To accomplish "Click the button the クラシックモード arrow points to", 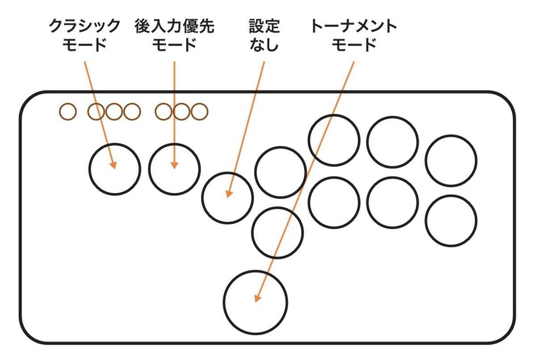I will pyautogui.click(x=115, y=169).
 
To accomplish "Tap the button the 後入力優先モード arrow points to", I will pyautogui.click(x=175, y=169).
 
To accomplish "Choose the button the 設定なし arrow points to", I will pyautogui.click(x=227, y=197).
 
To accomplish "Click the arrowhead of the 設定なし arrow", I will pyautogui.click(x=228, y=194).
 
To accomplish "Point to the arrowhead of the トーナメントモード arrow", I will pyautogui.click(x=257, y=298).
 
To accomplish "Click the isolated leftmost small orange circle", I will pyautogui.click(x=68, y=112).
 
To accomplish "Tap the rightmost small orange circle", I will pyautogui.click(x=199, y=112).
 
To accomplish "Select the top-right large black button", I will pyautogui.click(x=451, y=160).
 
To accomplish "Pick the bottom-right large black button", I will pyautogui.click(x=451, y=220).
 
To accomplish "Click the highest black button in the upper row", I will pyautogui.click(x=334, y=140).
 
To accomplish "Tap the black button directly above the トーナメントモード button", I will pyautogui.click(x=277, y=232).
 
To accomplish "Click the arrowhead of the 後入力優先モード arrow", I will pyautogui.click(x=174, y=166).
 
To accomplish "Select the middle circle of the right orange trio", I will pyautogui.click(x=181, y=112).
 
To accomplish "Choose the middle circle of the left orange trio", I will pyautogui.click(x=113, y=112).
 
